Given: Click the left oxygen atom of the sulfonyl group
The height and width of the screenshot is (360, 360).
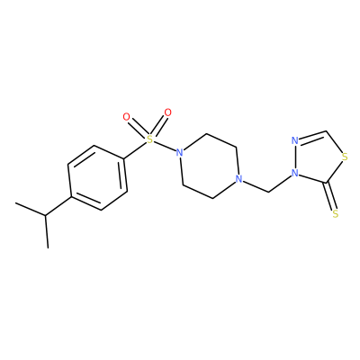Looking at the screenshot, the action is click(127, 117).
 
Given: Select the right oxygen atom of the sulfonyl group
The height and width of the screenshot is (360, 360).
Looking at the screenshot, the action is click(168, 112).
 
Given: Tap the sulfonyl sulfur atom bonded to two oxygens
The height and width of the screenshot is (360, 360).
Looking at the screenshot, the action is click(149, 139).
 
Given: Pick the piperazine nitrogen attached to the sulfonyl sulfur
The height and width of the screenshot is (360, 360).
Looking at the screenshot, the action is click(179, 153).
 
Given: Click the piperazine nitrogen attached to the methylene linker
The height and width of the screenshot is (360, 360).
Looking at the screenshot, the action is click(238, 179).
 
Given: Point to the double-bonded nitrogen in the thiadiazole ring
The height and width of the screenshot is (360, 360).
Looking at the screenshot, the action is click(295, 140).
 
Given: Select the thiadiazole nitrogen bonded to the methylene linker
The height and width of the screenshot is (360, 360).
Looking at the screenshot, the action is click(295, 173).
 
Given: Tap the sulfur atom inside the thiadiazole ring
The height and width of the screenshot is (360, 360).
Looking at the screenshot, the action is click(345, 157).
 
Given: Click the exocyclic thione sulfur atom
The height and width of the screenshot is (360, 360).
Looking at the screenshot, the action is click(336, 213).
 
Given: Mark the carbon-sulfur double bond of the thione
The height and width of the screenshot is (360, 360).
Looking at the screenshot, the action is click(331, 196).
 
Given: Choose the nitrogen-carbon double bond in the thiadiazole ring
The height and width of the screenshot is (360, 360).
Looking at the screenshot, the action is click(313, 136).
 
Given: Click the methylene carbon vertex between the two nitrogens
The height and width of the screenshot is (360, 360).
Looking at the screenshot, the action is click(268, 192).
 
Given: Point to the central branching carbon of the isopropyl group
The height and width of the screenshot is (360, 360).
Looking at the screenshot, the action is click(46, 215).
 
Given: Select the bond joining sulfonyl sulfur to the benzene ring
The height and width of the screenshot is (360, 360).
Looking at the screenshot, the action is click(135, 149).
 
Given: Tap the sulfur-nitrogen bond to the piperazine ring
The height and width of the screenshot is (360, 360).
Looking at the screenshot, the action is click(165, 146).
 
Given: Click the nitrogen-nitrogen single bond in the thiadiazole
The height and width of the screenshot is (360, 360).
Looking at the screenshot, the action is click(295, 157).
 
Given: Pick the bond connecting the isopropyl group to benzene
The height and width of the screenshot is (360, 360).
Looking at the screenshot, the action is click(58, 206).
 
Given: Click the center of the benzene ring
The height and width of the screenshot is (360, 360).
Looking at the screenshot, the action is click(97, 177).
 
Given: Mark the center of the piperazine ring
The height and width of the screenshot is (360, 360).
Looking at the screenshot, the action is click(209, 166).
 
